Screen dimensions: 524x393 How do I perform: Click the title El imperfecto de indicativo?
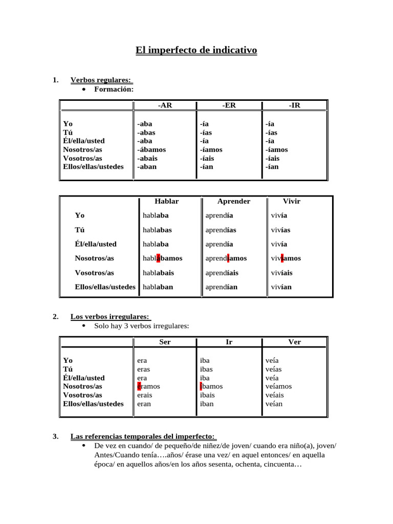(196, 50)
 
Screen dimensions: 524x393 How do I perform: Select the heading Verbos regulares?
(101, 80)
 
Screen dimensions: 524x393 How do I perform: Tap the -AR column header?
(165, 105)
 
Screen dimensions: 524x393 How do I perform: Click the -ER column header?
(229, 105)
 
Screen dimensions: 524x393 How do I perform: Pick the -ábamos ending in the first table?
(151, 149)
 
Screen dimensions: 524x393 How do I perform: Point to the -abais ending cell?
(147, 158)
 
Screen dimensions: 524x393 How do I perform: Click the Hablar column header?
(166, 201)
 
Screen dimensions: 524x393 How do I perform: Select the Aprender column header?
(233, 201)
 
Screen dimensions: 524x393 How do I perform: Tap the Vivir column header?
(291, 201)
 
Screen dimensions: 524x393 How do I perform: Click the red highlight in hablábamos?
(158, 258)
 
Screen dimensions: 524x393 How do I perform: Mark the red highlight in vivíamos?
(282, 258)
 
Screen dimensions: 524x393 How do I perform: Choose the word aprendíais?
(222, 273)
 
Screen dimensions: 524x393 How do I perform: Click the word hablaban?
(158, 287)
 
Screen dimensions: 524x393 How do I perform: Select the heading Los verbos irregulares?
(111, 317)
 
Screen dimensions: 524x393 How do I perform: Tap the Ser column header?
(165, 342)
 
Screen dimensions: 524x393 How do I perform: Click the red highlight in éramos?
(139, 386)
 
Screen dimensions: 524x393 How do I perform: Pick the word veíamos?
(275, 386)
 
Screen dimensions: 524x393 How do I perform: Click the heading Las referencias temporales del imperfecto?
(143, 436)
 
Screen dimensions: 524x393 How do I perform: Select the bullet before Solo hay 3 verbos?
(84, 326)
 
